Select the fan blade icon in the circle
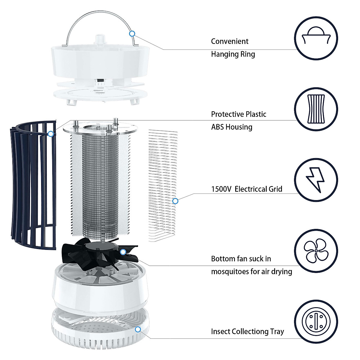point(316,251)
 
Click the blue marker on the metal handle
point(132,34)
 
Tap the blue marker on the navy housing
point(51,134)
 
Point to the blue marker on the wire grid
point(175,201)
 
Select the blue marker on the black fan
point(123,252)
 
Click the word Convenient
point(229,41)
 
